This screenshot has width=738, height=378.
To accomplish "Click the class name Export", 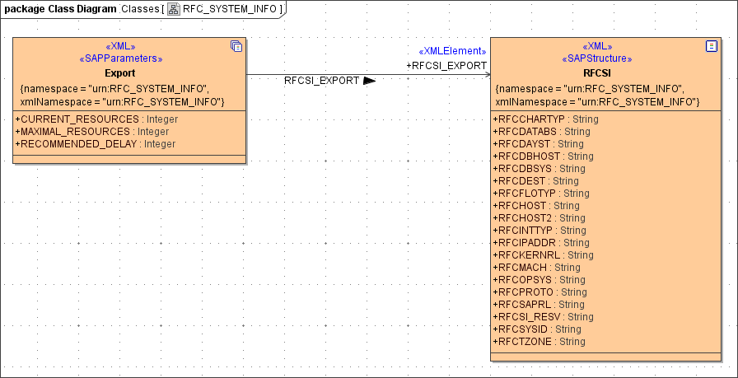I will [x=120, y=72].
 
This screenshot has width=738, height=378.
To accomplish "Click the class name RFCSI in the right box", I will [x=596, y=72].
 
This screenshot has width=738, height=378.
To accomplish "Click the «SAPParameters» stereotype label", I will [x=120, y=59].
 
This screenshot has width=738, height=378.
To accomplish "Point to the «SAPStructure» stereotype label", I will [x=596, y=59].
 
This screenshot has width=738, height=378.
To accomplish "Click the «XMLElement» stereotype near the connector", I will [x=452, y=51].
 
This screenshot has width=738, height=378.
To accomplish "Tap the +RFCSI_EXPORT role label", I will [x=446, y=65].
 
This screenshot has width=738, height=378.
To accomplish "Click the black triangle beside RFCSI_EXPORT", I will [x=369, y=82].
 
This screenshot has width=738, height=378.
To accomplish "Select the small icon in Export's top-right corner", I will [x=236, y=46].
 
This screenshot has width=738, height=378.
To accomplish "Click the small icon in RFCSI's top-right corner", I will [x=712, y=46].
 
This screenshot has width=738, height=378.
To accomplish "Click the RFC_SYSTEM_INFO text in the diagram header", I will [x=230, y=9].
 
